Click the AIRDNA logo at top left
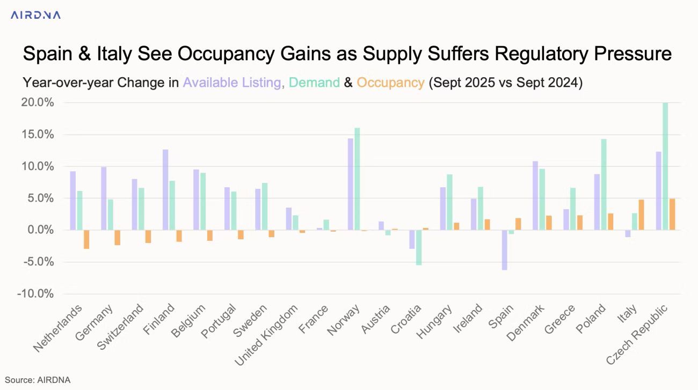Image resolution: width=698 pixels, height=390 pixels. pos(35,15)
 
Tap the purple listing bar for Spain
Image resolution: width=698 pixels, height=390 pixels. pos(505,250)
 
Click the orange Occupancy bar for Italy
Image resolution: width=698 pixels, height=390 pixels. pos(641,215)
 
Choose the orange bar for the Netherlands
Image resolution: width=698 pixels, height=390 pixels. pos(86,239)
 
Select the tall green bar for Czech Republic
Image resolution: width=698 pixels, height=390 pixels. pos(666,166)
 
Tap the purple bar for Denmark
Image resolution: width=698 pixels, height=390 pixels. pos(535,195)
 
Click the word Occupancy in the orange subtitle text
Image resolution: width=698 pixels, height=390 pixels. pos(390,83)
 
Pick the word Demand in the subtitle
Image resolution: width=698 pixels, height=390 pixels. pos(314,83)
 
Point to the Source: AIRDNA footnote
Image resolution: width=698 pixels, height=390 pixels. pos(38,380)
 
